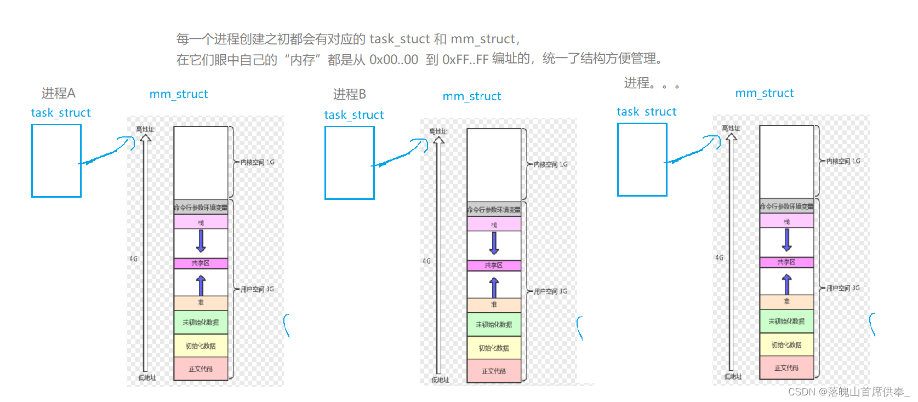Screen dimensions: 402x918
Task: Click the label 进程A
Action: (x=58, y=93)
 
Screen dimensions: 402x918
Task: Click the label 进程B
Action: (x=349, y=94)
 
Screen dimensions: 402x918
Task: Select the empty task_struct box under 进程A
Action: (x=56, y=160)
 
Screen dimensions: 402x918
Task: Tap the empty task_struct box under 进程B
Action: (x=350, y=163)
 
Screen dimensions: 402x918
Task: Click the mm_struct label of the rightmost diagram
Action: (x=764, y=93)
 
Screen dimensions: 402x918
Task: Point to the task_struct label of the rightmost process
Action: (x=646, y=112)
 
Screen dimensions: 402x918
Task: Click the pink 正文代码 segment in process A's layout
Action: (x=201, y=369)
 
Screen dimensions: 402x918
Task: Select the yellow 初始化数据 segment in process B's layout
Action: (x=494, y=348)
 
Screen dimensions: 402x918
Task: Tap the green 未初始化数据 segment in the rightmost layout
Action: (x=786, y=321)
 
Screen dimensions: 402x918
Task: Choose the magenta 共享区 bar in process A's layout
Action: (x=201, y=263)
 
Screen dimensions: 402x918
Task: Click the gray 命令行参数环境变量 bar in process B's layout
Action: (x=494, y=210)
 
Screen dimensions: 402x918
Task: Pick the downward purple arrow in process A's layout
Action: (x=201, y=241)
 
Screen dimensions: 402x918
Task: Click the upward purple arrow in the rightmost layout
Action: (x=787, y=284)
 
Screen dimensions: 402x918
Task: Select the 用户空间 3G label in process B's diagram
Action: (x=550, y=291)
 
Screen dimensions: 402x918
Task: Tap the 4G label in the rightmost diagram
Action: (x=719, y=257)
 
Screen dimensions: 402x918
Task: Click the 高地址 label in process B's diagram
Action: (x=438, y=131)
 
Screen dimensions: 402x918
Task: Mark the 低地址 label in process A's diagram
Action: (x=147, y=377)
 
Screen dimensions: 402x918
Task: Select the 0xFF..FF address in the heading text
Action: (x=465, y=59)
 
